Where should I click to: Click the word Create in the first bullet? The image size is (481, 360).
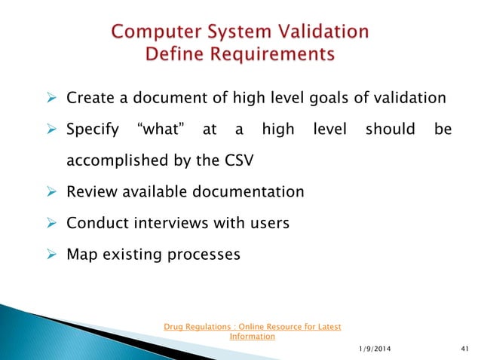coord(89,98)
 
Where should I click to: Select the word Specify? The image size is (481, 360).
coord(93,130)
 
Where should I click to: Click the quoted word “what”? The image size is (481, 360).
coord(159,130)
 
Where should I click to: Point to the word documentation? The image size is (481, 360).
coord(242,192)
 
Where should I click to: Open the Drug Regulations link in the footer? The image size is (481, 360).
coord(252,331)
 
